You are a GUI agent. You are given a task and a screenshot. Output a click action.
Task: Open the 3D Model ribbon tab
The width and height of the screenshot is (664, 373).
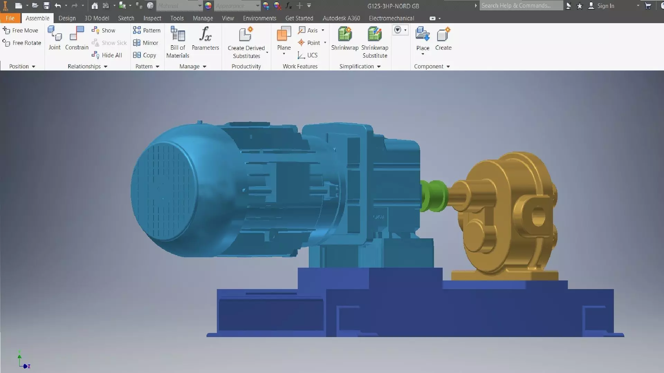(x=96, y=18)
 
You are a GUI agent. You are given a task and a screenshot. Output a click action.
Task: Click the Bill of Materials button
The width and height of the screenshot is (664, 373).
(x=178, y=42)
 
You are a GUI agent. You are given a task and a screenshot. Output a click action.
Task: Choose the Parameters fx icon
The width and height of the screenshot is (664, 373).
(x=205, y=35)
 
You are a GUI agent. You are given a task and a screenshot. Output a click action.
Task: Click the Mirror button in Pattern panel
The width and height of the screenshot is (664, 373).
(x=146, y=43)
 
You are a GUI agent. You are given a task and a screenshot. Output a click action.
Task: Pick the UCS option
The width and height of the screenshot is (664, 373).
(x=308, y=55)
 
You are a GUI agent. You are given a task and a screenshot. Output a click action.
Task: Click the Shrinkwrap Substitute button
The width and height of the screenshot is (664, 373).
(x=375, y=42)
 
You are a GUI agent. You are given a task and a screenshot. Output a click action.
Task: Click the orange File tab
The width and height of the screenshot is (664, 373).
(x=10, y=18)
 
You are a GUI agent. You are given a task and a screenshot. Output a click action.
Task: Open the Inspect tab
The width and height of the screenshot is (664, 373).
(x=152, y=18)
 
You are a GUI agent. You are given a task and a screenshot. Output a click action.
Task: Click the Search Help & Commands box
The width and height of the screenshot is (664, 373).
(x=520, y=6)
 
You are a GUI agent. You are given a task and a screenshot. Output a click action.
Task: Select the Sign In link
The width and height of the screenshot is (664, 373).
(x=605, y=6)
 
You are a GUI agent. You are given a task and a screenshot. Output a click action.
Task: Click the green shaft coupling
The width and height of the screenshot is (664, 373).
(x=434, y=195)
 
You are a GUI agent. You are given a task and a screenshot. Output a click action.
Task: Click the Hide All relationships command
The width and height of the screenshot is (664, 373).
(x=107, y=55)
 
